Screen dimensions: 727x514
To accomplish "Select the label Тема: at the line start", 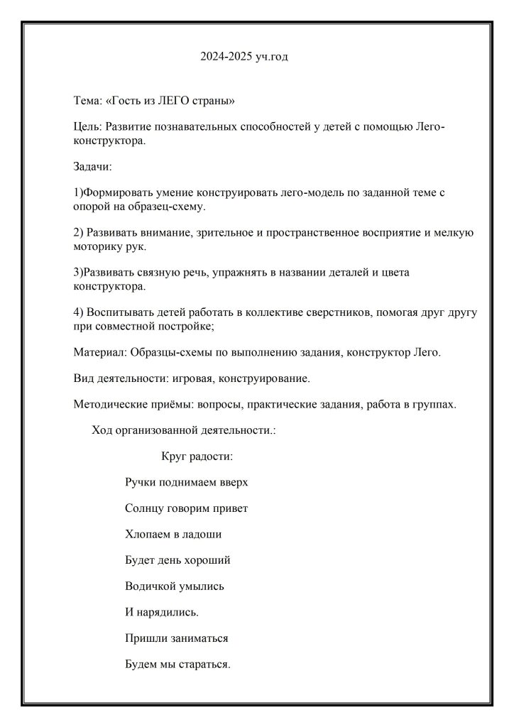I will (87, 102).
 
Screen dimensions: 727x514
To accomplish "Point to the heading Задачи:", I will (92, 167).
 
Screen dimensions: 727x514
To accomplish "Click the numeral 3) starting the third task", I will (78, 273).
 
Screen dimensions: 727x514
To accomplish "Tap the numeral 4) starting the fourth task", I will (79, 312).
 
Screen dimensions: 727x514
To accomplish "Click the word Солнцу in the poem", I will (144, 508).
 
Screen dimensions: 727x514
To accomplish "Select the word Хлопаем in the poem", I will (147, 535).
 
